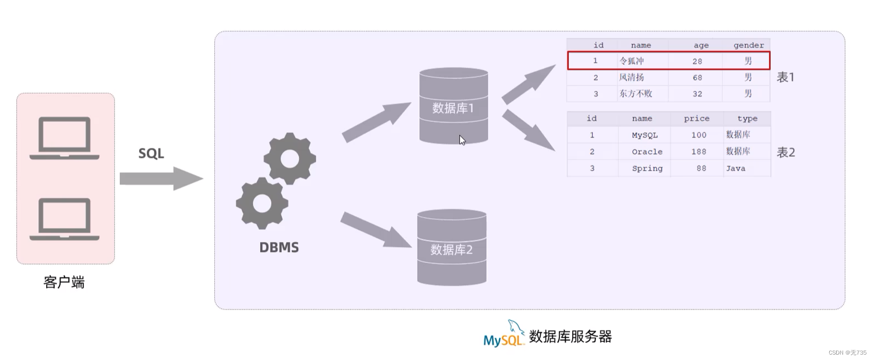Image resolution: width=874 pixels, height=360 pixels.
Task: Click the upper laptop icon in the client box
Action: click(x=64, y=138)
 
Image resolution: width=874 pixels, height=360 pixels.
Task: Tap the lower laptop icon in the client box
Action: click(x=64, y=219)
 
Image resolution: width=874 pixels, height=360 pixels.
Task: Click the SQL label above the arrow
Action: click(x=151, y=153)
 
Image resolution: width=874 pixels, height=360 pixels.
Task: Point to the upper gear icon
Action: click(x=290, y=158)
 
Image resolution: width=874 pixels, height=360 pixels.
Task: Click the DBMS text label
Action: click(x=279, y=247)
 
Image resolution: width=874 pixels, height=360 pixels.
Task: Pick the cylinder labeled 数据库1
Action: click(x=453, y=106)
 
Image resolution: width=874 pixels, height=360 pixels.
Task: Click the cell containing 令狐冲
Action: click(x=632, y=61)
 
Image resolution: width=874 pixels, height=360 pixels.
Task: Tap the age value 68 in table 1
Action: click(x=697, y=78)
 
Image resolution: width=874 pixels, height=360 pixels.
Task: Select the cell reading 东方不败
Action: click(x=636, y=93)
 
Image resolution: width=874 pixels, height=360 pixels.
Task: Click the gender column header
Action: click(x=748, y=45)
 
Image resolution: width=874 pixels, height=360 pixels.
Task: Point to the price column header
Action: click(x=696, y=119)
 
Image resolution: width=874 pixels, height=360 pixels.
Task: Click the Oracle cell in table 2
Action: click(x=647, y=152)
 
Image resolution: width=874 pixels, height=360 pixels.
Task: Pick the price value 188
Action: click(x=698, y=152)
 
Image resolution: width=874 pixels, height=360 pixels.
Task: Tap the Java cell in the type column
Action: click(x=735, y=168)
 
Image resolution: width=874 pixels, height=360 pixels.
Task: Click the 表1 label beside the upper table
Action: click(x=785, y=77)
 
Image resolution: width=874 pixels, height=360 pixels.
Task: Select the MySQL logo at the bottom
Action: click(x=503, y=336)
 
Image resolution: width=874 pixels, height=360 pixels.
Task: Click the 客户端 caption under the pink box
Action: click(x=64, y=282)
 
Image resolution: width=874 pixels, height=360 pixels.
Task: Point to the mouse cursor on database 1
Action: click(x=462, y=140)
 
